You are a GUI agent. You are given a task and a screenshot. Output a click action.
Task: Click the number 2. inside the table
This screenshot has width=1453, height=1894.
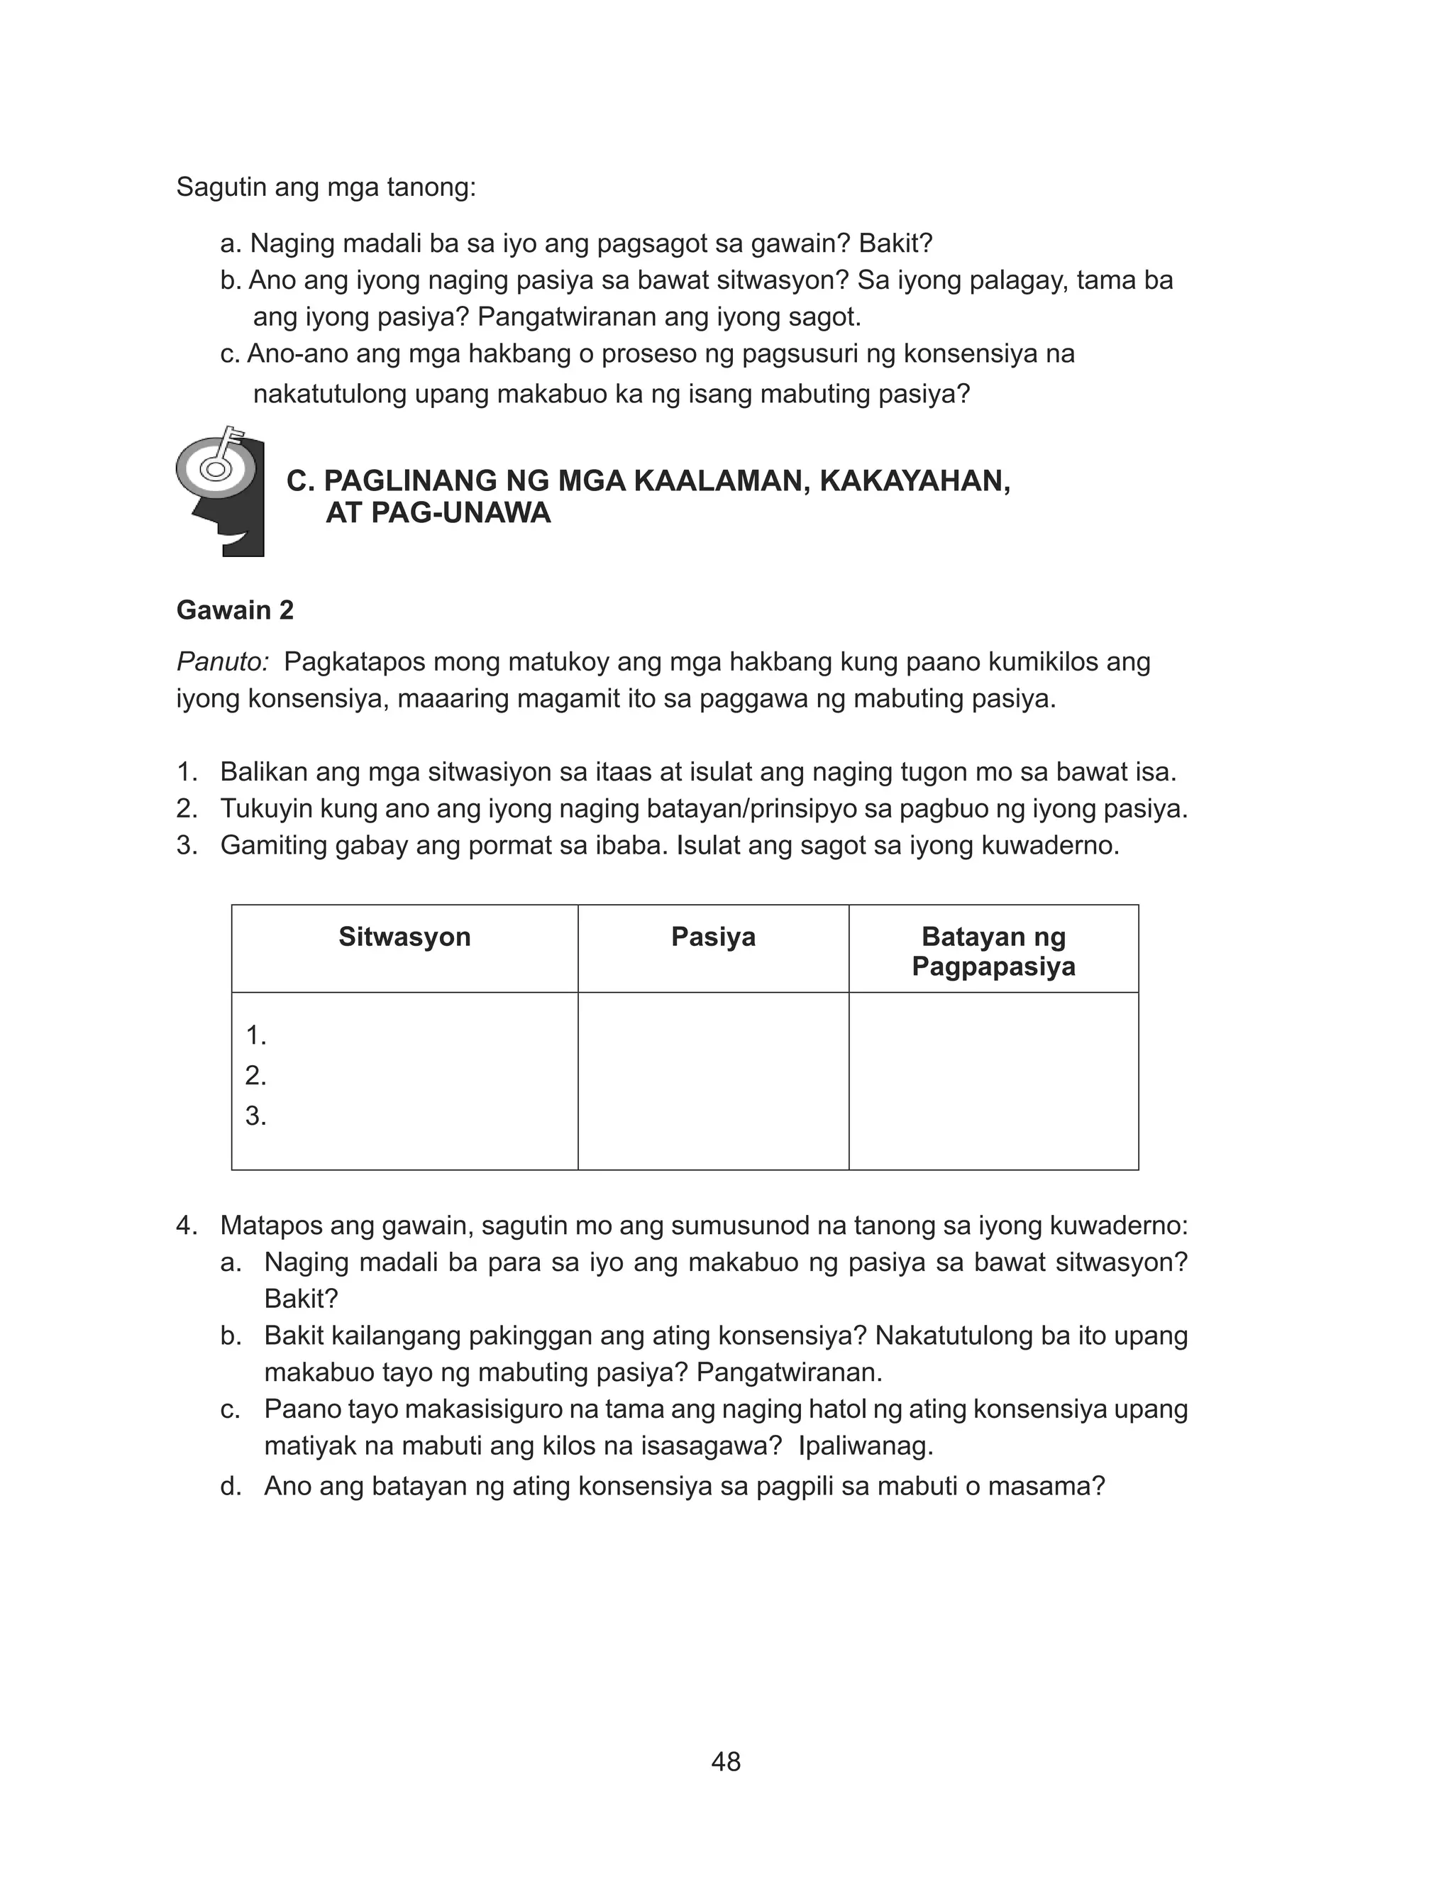(255, 1075)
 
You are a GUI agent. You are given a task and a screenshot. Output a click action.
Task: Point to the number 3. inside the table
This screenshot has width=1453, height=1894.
(255, 1116)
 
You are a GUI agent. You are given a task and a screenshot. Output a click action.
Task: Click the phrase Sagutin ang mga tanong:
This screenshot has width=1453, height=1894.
(326, 187)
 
